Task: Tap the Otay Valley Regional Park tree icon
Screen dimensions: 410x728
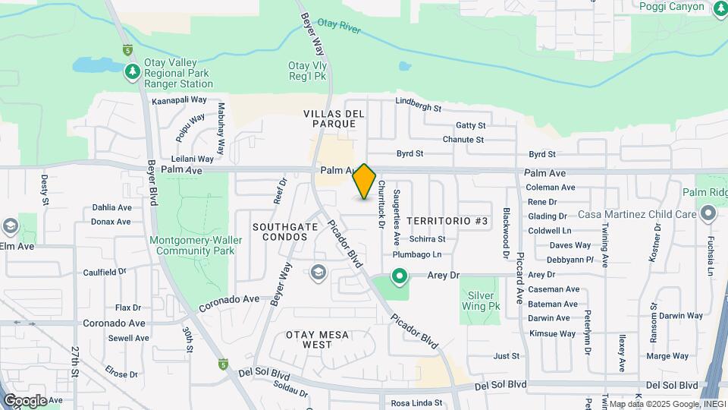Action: [133, 71]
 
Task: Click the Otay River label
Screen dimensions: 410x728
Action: [338, 27]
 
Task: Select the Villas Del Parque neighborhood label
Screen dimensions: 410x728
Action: [334, 118]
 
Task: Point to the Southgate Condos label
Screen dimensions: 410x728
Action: [280, 232]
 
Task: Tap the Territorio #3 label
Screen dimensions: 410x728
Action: [447, 221]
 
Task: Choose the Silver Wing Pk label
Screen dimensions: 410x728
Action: [482, 301]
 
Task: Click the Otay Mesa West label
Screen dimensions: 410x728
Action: [309, 339]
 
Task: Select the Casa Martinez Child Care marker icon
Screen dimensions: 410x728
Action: [709, 214]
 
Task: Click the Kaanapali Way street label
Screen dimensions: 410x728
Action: [180, 99]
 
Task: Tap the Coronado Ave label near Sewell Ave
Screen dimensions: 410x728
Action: [114, 323]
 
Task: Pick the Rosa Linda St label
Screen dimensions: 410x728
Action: [416, 403]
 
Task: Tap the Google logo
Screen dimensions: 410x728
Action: [24, 400]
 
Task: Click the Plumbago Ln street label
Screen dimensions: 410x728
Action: [416, 254]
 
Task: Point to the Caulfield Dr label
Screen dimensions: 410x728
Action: [105, 272]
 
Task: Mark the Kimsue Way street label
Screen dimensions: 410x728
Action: [553, 333]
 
